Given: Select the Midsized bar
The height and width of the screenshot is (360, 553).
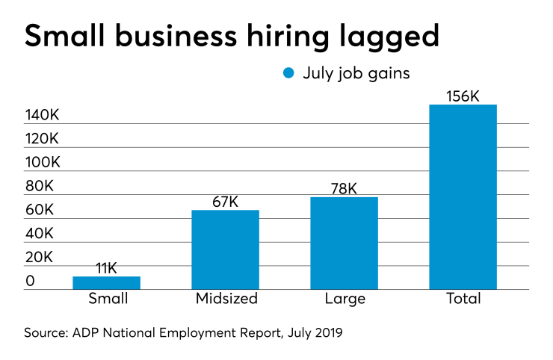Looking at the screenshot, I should click(x=225, y=249).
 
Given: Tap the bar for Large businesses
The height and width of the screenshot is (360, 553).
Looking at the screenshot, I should click(x=344, y=243).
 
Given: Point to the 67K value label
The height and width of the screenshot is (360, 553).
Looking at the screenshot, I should click(x=225, y=202).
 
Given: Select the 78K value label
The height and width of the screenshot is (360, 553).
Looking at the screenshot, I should click(x=344, y=190).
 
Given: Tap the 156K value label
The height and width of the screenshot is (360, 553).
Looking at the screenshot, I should click(x=463, y=96).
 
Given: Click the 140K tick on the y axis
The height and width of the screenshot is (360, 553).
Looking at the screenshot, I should click(x=43, y=115).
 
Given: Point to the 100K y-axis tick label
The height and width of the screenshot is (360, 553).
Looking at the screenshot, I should click(x=43, y=163).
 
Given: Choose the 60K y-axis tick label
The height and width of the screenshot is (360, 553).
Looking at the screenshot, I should click(x=40, y=210).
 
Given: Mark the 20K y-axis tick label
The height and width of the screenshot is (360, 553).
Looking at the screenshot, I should click(x=40, y=257).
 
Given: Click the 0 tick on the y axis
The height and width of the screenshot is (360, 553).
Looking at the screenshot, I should click(x=31, y=281).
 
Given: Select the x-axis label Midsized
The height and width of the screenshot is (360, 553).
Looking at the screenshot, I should click(x=226, y=300).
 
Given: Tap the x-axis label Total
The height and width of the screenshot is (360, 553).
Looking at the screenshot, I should click(x=463, y=300).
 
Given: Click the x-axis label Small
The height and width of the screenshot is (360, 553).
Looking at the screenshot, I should click(x=108, y=300).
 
